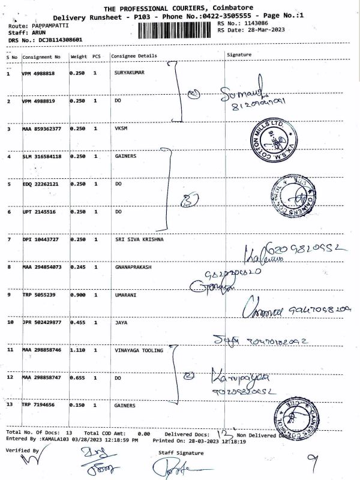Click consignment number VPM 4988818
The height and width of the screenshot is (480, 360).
(38, 73)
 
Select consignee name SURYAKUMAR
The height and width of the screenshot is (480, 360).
(130, 73)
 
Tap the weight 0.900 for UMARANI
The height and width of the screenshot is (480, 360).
(77, 295)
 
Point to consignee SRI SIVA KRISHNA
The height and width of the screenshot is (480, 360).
(139, 239)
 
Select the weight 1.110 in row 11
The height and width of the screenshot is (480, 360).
(77, 349)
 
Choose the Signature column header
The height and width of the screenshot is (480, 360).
(239, 55)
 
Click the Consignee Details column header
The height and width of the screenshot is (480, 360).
(134, 56)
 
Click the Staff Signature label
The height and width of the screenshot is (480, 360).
(178, 451)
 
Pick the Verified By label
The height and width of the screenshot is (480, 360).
(22, 449)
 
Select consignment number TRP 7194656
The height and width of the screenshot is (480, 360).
(38, 406)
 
